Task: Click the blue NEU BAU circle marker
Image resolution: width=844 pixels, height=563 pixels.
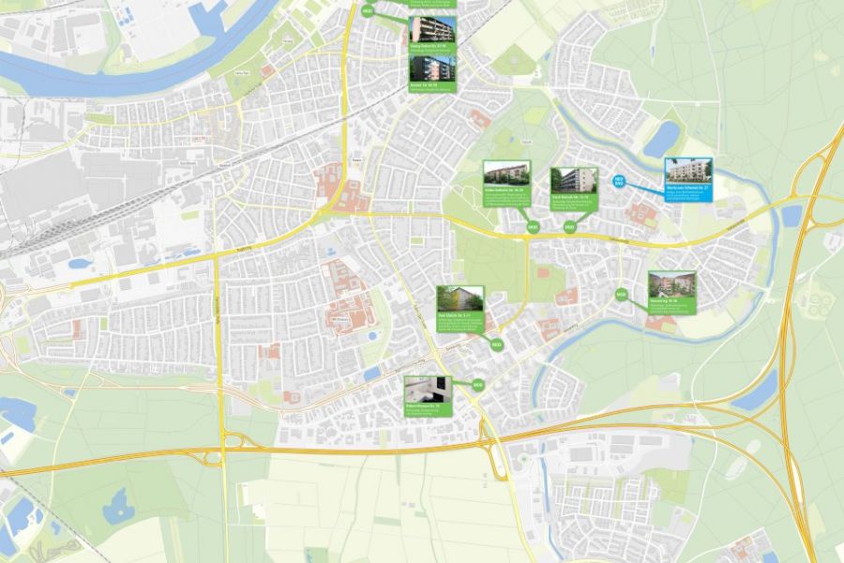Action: [x=619, y=180]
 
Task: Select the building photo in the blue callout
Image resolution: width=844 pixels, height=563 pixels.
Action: [x=688, y=172]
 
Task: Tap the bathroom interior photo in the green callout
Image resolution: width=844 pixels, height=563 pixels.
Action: [x=428, y=389]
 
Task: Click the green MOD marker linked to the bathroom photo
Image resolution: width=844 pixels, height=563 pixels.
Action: [x=477, y=385]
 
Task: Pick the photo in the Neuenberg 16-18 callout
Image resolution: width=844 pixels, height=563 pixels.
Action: [x=671, y=285]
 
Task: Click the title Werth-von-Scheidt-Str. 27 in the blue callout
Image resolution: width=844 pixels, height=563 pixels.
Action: [x=688, y=189]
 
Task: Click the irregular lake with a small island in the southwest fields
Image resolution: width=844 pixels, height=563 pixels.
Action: [x=118, y=508]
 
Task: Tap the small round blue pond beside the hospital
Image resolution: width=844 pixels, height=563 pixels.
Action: [x=372, y=335]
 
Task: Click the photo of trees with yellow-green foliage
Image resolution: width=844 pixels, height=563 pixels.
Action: [x=460, y=299]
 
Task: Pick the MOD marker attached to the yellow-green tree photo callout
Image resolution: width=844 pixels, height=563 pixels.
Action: [x=497, y=345]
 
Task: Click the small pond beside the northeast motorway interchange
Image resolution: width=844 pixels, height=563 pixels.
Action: [x=791, y=215]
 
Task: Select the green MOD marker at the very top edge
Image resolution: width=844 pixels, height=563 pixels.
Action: [x=367, y=11]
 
